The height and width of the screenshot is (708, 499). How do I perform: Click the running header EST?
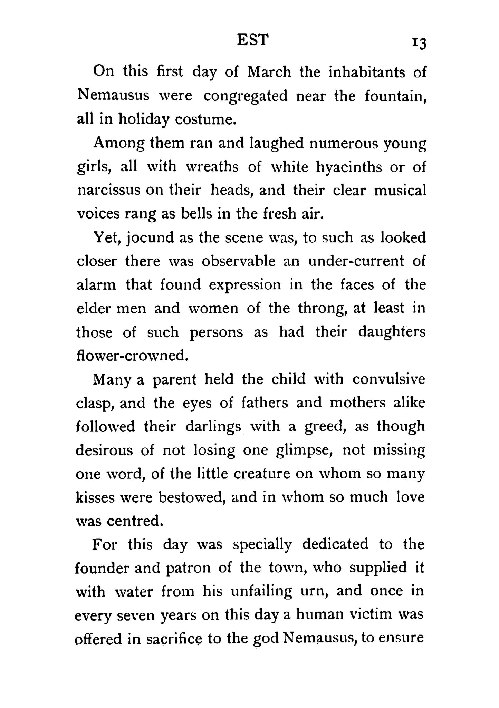tap(252, 40)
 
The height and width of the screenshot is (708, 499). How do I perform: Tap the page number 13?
tap(419, 44)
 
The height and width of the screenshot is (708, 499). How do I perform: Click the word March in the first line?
tap(269, 72)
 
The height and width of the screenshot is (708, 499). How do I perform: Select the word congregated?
tap(245, 96)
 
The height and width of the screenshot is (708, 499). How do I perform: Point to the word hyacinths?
tap(349, 167)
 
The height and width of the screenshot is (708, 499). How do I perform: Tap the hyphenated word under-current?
tap(356, 261)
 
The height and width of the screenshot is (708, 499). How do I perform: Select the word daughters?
tap(392, 332)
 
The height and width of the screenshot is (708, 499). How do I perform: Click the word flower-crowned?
tap(132, 356)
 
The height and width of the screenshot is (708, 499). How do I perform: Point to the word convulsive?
tap(389, 379)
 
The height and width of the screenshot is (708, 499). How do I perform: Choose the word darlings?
tap(213, 427)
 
